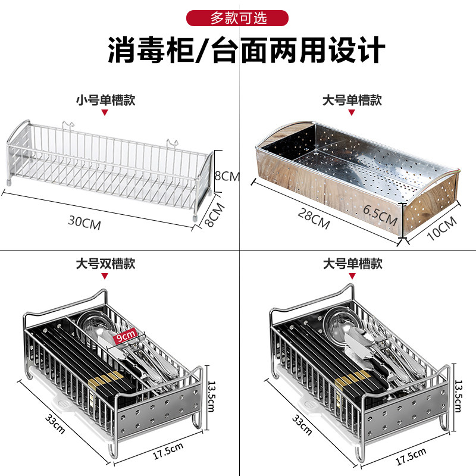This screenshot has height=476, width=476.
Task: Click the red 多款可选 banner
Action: pyautogui.click(x=238, y=17)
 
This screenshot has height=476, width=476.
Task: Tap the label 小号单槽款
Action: pyautogui.click(x=105, y=100)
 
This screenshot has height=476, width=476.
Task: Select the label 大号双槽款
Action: pyautogui.click(x=105, y=264)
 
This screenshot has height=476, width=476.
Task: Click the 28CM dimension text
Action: pyautogui.click(x=314, y=220)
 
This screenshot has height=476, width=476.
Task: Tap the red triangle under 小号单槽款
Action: pyautogui.click(x=105, y=112)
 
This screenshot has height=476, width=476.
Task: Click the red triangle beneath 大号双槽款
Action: pyautogui.click(x=105, y=276)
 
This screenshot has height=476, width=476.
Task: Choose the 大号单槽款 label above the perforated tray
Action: pyautogui.click(x=352, y=100)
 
